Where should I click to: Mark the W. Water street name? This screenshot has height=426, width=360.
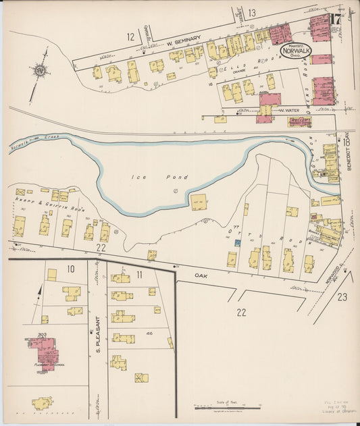click(288, 109)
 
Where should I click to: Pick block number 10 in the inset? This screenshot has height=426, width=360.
click(70, 269)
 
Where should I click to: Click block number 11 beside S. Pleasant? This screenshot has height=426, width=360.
click(138, 275)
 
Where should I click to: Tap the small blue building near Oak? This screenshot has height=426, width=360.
click(237, 243)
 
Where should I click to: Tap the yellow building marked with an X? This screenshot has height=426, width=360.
click(141, 377)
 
